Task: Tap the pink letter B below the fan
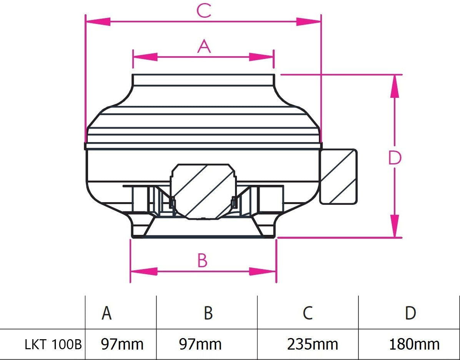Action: click(x=202, y=261)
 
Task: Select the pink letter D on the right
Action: click(x=395, y=158)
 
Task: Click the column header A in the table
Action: click(x=107, y=313)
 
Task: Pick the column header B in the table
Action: click(x=208, y=313)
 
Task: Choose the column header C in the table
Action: click(x=307, y=313)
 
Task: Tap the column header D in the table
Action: click(x=410, y=313)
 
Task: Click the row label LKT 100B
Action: click(x=53, y=344)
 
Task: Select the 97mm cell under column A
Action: click(x=122, y=344)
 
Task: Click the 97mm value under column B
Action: click(x=200, y=344)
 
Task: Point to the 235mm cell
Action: click(x=312, y=344)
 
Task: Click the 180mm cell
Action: click(x=414, y=344)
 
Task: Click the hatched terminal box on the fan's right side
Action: click(x=338, y=176)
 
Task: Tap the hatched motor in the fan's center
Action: click(x=203, y=191)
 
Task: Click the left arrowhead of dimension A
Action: click(x=145, y=57)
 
